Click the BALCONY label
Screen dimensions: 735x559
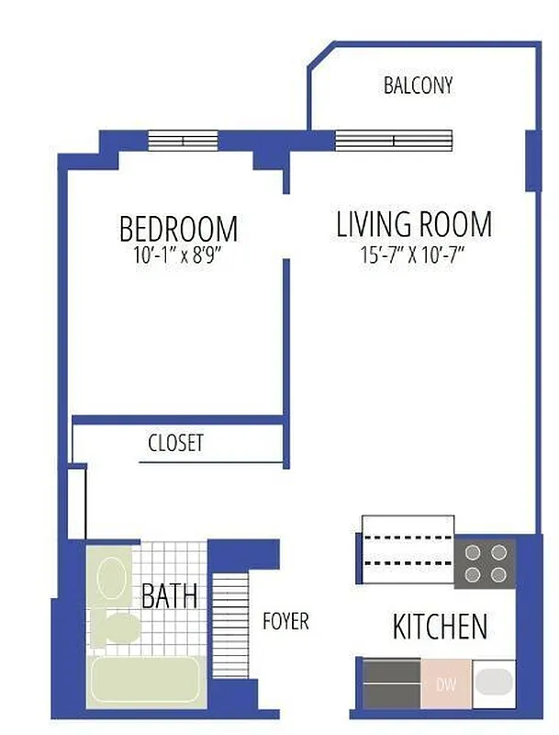pos(418,86)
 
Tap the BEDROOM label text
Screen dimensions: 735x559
pos(178,228)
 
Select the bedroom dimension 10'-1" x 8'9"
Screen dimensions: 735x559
pos(178,255)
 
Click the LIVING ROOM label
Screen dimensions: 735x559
pos(413,224)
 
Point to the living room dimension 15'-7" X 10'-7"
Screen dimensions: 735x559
pos(413,255)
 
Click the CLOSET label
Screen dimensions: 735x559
pos(175,443)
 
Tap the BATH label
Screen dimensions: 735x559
pos(170,596)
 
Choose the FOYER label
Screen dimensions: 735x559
pos(285,622)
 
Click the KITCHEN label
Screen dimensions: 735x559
pos(440,628)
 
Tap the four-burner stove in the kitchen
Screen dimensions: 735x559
pos(485,563)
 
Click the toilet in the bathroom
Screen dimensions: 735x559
pos(117,628)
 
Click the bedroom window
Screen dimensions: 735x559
pos(183,141)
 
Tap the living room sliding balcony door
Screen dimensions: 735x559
pos(394,141)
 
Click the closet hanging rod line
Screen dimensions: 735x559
pos(210,461)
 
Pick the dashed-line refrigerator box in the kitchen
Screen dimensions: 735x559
pos(408,549)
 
